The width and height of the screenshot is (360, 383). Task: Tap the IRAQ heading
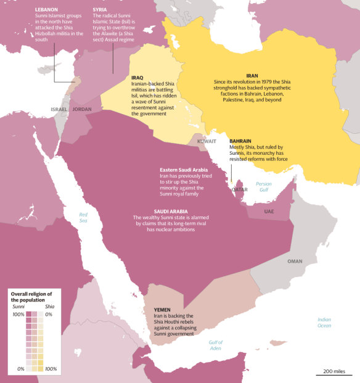[x=137, y=78]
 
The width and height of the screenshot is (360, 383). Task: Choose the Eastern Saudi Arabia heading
[x=184, y=170]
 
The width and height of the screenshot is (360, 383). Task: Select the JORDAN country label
[x=81, y=109]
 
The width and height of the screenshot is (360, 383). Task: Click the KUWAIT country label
[x=207, y=141]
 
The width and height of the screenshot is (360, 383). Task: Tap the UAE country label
[x=269, y=211]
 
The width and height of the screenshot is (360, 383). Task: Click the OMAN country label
[x=295, y=261]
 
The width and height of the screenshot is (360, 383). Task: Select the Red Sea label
[x=83, y=216]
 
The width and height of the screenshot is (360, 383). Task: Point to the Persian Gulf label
[x=263, y=187]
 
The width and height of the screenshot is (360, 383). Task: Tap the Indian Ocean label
[x=324, y=322]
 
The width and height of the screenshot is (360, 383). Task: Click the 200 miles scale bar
[x=333, y=372]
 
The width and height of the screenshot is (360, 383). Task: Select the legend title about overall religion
[x=30, y=296]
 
